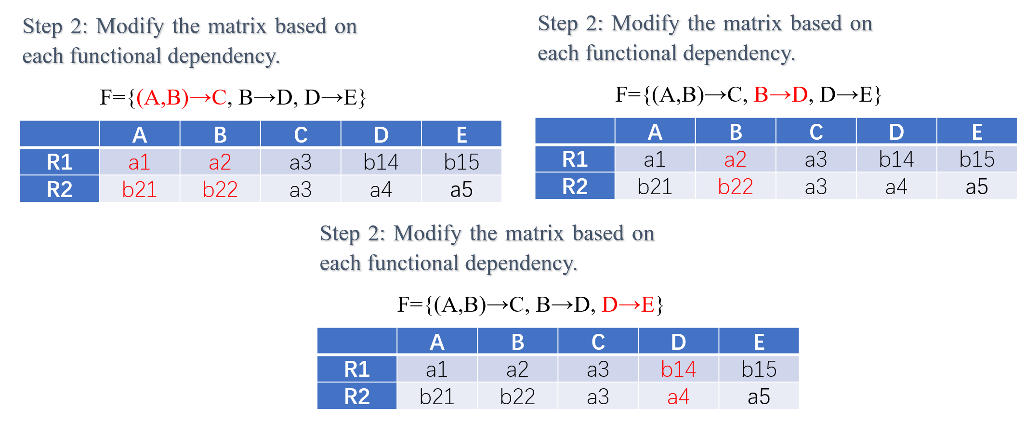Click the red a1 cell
tap(139, 162)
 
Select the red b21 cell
tap(139, 189)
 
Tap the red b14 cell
tap(678, 369)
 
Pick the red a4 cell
tap(678, 396)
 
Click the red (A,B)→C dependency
tap(182, 97)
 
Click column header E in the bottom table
tap(759, 342)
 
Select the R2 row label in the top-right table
tap(575, 186)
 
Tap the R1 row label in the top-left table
tap(60, 162)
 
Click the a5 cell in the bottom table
tap(759, 396)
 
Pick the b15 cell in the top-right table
tap(977, 159)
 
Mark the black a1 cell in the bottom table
tap(437, 369)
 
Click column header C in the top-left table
tap(301, 134)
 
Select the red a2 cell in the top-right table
tap(736, 159)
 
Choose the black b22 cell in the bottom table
tap(517, 396)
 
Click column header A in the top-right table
tap(655, 132)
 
